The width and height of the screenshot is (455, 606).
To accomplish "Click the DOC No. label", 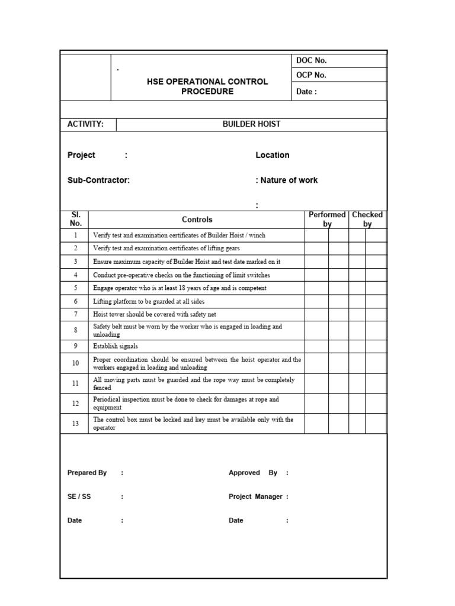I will pyautogui.click(x=311, y=60).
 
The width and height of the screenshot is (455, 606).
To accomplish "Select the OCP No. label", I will pyautogui.click(x=311, y=75).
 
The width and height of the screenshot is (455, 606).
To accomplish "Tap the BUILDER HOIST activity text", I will pyautogui.click(x=251, y=124).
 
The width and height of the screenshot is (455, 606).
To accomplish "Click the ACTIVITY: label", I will pyautogui.click(x=86, y=124).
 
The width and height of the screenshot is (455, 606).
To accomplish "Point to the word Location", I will pyautogui.click(x=273, y=155).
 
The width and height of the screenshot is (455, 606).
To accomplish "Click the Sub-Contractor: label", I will pyautogui.click(x=99, y=180).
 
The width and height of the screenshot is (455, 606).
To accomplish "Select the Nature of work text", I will pyautogui.click(x=289, y=180).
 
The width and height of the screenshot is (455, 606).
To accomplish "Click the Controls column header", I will pyautogui.click(x=197, y=220).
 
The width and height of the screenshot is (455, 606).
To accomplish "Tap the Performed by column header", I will pyautogui.click(x=327, y=220).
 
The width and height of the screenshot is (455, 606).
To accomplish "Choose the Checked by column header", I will pyautogui.click(x=367, y=220).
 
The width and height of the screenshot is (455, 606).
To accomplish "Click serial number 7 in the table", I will pyautogui.click(x=75, y=314).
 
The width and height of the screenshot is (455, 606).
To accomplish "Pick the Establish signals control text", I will pyautogui.click(x=116, y=346).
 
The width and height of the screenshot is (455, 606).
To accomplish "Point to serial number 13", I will pyautogui.click(x=75, y=424).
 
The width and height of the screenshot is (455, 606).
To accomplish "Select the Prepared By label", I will pyautogui.click(x=87, y=473).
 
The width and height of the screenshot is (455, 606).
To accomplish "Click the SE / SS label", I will pyautogui.click(x=79, y=497).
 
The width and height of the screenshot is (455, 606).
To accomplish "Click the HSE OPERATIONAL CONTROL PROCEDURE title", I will pyautogui.click(x=207, y=86).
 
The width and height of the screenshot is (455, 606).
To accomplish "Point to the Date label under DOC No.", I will pyautogui.click(x=306, y=92).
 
